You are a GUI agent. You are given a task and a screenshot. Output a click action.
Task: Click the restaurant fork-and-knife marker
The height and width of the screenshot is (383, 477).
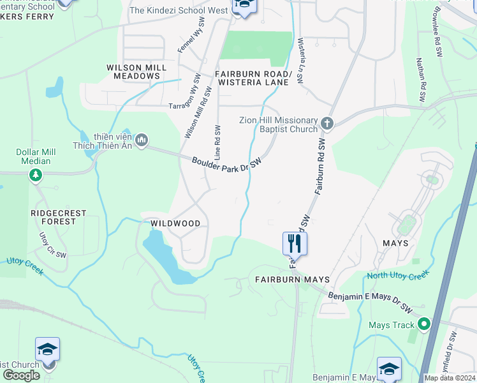(x=295, y=243)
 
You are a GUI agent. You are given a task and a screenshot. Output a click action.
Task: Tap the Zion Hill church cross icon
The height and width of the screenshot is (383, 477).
(x=327, y=122)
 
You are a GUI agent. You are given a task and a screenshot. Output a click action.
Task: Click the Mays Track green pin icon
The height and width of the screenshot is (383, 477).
(x=424, y=325)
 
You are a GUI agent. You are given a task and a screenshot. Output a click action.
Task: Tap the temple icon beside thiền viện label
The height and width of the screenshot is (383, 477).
(x=142, y=139)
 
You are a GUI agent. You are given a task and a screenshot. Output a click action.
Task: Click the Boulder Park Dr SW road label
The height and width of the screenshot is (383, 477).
(x=227, y=164)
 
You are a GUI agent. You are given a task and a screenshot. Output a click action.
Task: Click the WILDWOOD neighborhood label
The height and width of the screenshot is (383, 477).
(x=175, y=223)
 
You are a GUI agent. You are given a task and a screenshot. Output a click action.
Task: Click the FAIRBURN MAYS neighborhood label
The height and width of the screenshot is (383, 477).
(x=292, y=280)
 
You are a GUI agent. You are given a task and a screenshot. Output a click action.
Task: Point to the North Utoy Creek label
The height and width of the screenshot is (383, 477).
(x=398, y=275)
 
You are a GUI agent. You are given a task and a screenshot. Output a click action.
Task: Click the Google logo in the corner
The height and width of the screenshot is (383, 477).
(x=21, y=375)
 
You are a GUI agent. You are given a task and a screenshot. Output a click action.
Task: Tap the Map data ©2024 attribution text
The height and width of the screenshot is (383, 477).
(x=450, y=378)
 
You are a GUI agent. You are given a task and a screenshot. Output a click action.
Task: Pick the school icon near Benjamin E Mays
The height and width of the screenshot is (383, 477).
(x=389, y=368)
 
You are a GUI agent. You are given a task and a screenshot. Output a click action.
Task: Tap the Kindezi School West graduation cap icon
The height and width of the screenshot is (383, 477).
(x=244, y=6)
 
